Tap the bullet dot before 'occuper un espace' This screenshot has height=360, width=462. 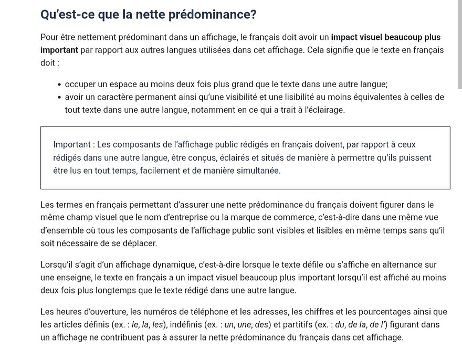click(60, 84)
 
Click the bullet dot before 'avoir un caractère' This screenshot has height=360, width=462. click(60, 98)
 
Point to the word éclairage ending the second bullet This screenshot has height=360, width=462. click(326, 110)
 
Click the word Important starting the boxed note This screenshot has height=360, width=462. click(72, 144)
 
